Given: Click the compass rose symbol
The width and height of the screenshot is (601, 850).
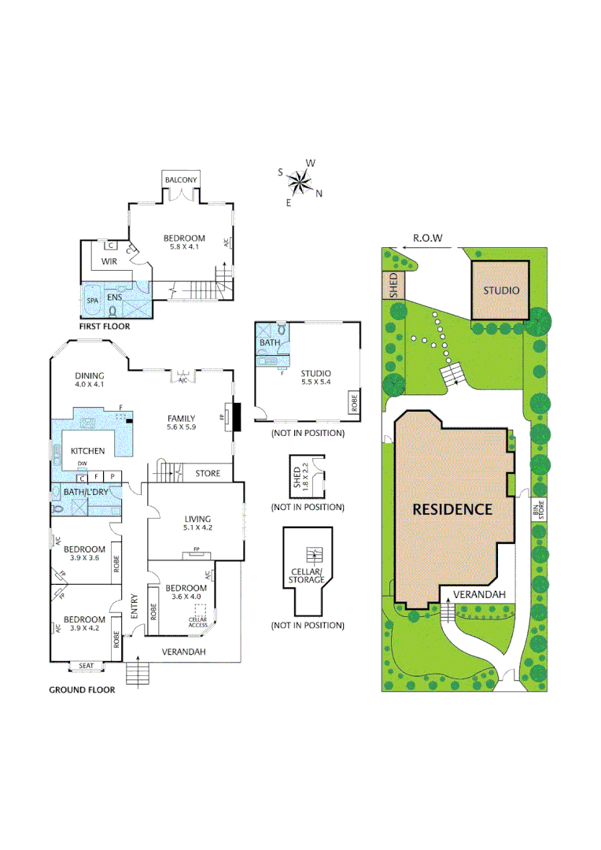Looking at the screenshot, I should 300,183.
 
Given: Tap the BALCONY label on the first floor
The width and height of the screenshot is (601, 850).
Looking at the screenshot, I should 180,180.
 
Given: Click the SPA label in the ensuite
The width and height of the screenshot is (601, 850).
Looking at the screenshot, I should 92,299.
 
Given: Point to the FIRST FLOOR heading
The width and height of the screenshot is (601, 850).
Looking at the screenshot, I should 104,326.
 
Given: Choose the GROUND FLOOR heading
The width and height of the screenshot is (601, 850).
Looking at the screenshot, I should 82,689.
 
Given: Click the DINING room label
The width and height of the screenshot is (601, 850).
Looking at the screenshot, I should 89,375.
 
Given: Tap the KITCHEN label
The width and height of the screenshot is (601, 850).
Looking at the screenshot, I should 87,451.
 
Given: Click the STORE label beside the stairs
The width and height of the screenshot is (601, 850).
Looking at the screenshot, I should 208,473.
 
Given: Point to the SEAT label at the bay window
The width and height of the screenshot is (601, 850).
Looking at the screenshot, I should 87,666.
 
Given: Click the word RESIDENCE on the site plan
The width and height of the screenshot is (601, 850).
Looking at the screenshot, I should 452,508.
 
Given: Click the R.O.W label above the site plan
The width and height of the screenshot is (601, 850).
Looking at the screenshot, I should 428,238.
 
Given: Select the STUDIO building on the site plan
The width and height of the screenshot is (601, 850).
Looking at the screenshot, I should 501,290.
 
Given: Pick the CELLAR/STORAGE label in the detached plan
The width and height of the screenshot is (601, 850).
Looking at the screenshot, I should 306,575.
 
